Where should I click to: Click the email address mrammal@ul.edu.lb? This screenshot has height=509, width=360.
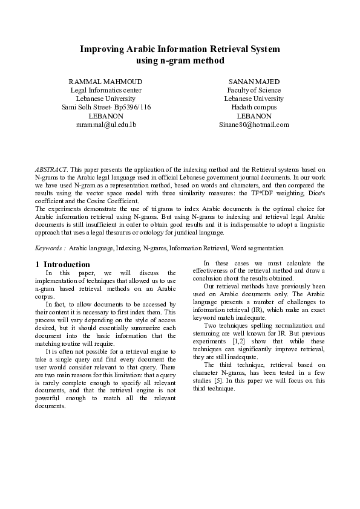click(106, 125)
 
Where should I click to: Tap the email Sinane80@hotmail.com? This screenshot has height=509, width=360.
click(254, 125)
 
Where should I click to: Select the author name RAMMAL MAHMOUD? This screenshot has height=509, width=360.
click(106, 81)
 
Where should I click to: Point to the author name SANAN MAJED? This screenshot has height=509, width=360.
click(254, 81)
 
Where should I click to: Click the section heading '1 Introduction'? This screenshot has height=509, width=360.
click(63, 264)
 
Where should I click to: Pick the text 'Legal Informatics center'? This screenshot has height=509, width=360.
click(106, 90)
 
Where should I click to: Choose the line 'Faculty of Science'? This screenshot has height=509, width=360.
click(254, 90)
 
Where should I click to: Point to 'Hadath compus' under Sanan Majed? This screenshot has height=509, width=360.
click(254, 107)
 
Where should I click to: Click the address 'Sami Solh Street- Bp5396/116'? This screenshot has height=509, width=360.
click(106, 107)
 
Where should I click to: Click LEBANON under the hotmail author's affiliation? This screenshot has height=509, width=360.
click(254, 115)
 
